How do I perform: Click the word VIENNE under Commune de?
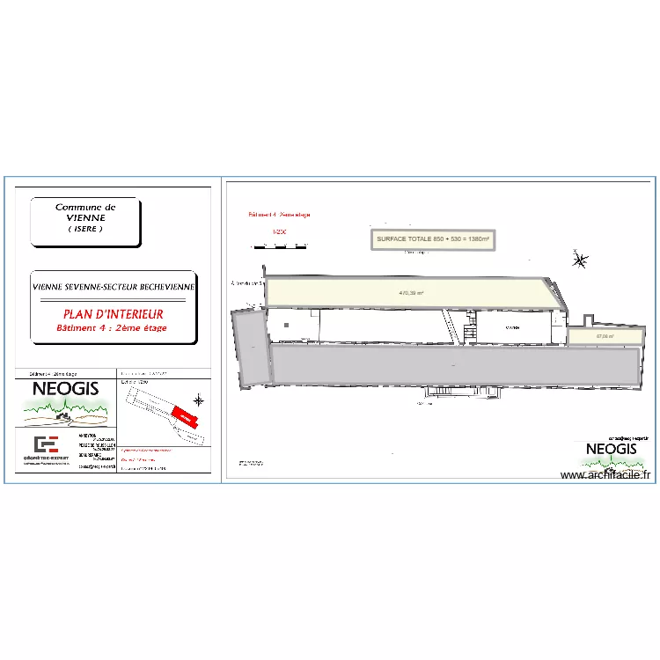(x=85, y=217)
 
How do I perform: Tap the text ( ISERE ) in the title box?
(x=85, y=229)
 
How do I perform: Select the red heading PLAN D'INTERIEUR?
(x=113, y=313)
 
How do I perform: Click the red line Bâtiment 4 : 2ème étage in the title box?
(x=112, y=328)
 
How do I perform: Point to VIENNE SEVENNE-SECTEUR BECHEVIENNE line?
(x=113, y=287)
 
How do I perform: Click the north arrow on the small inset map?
(x=199, y=401)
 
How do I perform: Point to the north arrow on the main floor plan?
(x=580, y=260)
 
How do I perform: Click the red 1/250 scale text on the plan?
(x=280, y=232)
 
